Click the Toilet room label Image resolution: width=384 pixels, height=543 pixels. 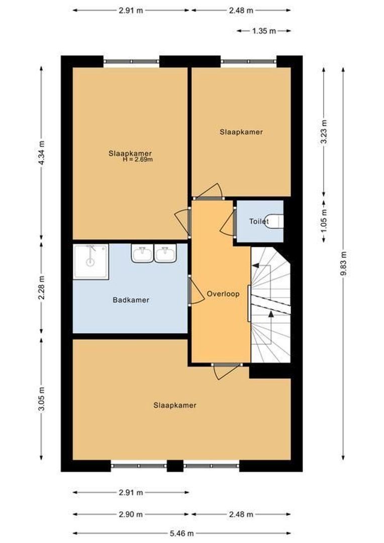click(x=259, y=221)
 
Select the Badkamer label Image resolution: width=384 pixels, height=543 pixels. click(x=131, y=300)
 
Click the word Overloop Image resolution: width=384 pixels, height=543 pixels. click(x=223, y=294)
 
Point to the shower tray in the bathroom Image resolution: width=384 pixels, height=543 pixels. click(x=90, y=261)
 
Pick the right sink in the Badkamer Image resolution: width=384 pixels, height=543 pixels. click(x=165, y=254)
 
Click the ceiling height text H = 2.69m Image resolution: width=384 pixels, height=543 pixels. click(x=137, y=159)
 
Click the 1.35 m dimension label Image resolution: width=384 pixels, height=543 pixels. click(x=264, y=31)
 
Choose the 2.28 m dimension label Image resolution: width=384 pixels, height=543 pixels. click(x=42, y=287)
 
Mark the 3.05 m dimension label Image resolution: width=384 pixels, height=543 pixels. click(x=42, y=400)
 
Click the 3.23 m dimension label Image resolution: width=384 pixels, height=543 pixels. click(x=324, y=132)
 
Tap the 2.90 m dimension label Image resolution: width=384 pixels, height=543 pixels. click(x=131, y=514)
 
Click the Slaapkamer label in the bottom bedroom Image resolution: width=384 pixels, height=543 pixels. click(x=174, y=405)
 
